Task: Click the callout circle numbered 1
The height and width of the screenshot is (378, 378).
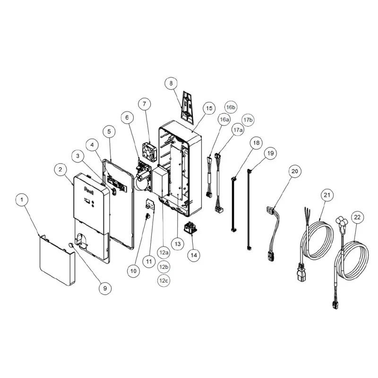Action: click(x=22, y=200)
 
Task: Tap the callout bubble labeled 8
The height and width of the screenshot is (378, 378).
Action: click(x=171, y=83)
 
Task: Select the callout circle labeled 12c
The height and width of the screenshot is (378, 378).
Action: click(x=163, y=281)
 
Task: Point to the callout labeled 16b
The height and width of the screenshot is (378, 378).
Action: click(x=231, y=107)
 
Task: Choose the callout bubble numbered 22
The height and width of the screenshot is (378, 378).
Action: click(x=357, y=217)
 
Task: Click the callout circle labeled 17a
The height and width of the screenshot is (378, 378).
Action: click(x=238, y=130)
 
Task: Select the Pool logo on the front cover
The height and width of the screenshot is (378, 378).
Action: click(x=89, y=190)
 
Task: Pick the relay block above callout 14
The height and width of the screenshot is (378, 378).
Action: click(x=190, y=228)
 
